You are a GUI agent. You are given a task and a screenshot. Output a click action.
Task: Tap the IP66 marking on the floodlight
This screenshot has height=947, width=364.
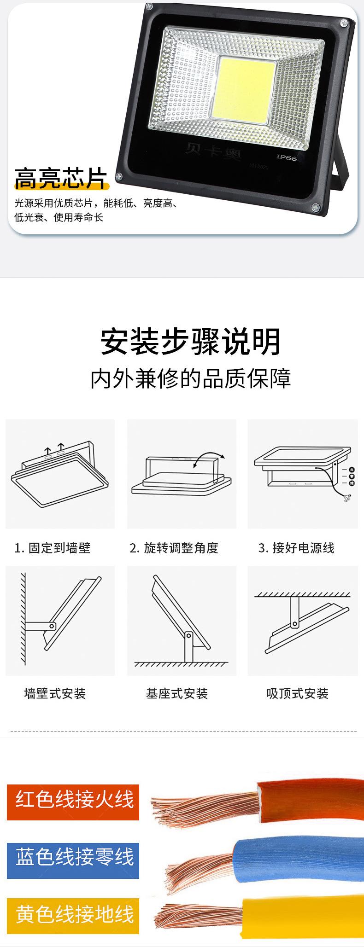[x=287, y=157]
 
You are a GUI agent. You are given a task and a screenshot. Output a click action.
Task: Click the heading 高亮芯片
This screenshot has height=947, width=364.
[x=60, y=178]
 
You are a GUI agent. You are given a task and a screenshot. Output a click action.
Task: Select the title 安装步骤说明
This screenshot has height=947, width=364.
[x=190, y=341]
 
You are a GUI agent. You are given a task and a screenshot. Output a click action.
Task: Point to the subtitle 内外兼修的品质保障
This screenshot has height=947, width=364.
[x=190, y=378]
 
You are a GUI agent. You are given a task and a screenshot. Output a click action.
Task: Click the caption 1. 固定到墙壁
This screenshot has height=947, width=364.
[x=53, y=548]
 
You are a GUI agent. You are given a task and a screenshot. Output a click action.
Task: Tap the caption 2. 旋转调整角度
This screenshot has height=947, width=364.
[x=174, y=548]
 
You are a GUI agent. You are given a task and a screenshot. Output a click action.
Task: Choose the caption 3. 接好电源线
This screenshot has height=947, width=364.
[x=296, y=548]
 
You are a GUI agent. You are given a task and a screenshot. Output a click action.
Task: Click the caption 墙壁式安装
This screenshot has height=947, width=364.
[x=55, y=693]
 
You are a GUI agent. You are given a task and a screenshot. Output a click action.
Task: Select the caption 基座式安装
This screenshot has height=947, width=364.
[x=177, y=693]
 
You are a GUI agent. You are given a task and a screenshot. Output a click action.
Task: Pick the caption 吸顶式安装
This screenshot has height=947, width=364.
[x=297, y=693]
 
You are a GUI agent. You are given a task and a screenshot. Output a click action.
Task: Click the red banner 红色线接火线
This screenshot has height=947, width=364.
[x=73, y=802]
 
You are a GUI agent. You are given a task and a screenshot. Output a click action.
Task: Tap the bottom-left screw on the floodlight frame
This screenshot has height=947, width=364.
[x=120, y=176]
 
